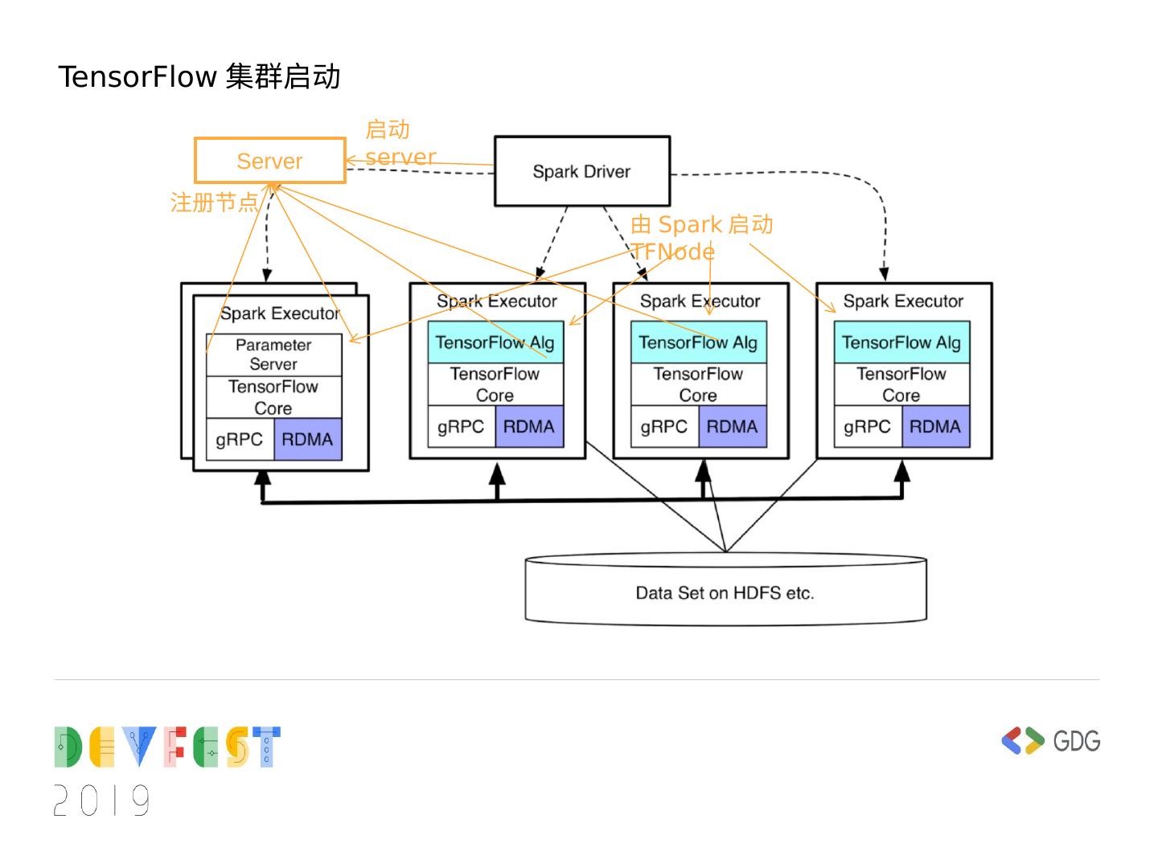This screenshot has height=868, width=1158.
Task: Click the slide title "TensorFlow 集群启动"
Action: [x=199, y=77]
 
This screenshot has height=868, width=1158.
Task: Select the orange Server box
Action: [x=270, y=161]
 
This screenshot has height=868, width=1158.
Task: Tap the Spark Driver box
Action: [x=581, y=171]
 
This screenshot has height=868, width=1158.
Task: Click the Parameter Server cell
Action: [x=273, y=354]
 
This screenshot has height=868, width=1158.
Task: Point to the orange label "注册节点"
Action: [x=214, y=202]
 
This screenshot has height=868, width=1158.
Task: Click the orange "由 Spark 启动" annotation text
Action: [x=701, y=224]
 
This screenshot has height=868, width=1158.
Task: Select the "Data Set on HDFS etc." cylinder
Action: [x=725, y=592]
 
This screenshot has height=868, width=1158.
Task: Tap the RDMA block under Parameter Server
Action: [x=307, y=439]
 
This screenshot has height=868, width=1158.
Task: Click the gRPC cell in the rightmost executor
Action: [x=867, y=427]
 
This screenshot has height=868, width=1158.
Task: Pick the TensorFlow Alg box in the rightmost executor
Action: [x=901, y=342]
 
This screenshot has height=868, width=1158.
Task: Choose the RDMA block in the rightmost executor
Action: [x=935, y=427]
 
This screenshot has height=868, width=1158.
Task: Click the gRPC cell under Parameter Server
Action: [x=240, y=439]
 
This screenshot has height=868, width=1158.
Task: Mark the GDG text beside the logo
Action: [x=1076, y=740]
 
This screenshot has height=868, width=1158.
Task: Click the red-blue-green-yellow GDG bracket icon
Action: [x=1022, y=740]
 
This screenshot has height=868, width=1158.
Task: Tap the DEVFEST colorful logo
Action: [x=167, y=747]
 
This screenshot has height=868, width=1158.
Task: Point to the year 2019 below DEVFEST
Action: [x=102, y=800]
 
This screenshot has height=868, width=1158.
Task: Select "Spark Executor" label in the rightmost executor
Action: [x=903, y=301]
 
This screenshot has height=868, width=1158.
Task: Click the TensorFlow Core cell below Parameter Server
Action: [x=273, y=397]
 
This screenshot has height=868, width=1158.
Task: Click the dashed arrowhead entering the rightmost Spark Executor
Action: [x=885, y=274]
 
